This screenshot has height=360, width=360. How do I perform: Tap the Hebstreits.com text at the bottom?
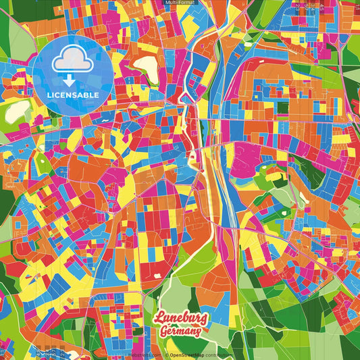tap(143, 355)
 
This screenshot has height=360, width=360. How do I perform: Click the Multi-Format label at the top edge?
tap(179, 3)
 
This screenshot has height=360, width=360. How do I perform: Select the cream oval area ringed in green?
tap(146, 66)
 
